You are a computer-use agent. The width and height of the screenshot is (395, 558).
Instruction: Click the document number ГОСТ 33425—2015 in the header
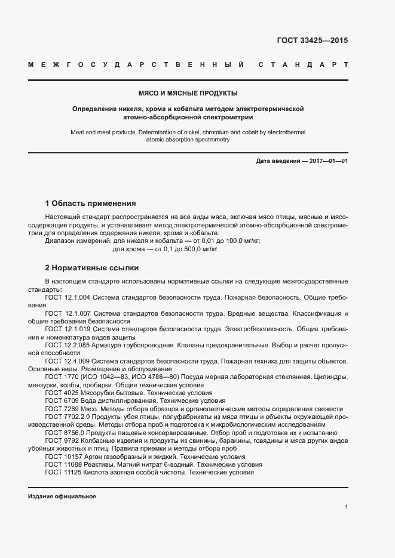pos(312,41)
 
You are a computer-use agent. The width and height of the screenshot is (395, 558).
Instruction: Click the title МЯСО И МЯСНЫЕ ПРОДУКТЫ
pos(188,94)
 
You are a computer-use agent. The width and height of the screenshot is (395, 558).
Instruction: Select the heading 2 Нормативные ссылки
pos(92,267)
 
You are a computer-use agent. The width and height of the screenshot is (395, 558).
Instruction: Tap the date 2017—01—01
pos(327,161)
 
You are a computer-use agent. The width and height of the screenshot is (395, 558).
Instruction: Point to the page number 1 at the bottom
pos(346,507)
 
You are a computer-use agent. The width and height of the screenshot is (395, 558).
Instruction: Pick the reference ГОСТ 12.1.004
pos(68,297)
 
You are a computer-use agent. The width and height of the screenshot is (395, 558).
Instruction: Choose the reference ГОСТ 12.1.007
pos(68,313)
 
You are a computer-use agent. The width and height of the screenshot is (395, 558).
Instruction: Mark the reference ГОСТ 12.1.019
pos(68,329)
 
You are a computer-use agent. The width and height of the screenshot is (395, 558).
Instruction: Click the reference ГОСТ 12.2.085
pos(68,346)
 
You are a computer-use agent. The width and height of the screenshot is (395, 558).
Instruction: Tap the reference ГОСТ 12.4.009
pos(68,362)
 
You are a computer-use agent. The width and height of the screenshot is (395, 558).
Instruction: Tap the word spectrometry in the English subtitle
pos(210,139)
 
